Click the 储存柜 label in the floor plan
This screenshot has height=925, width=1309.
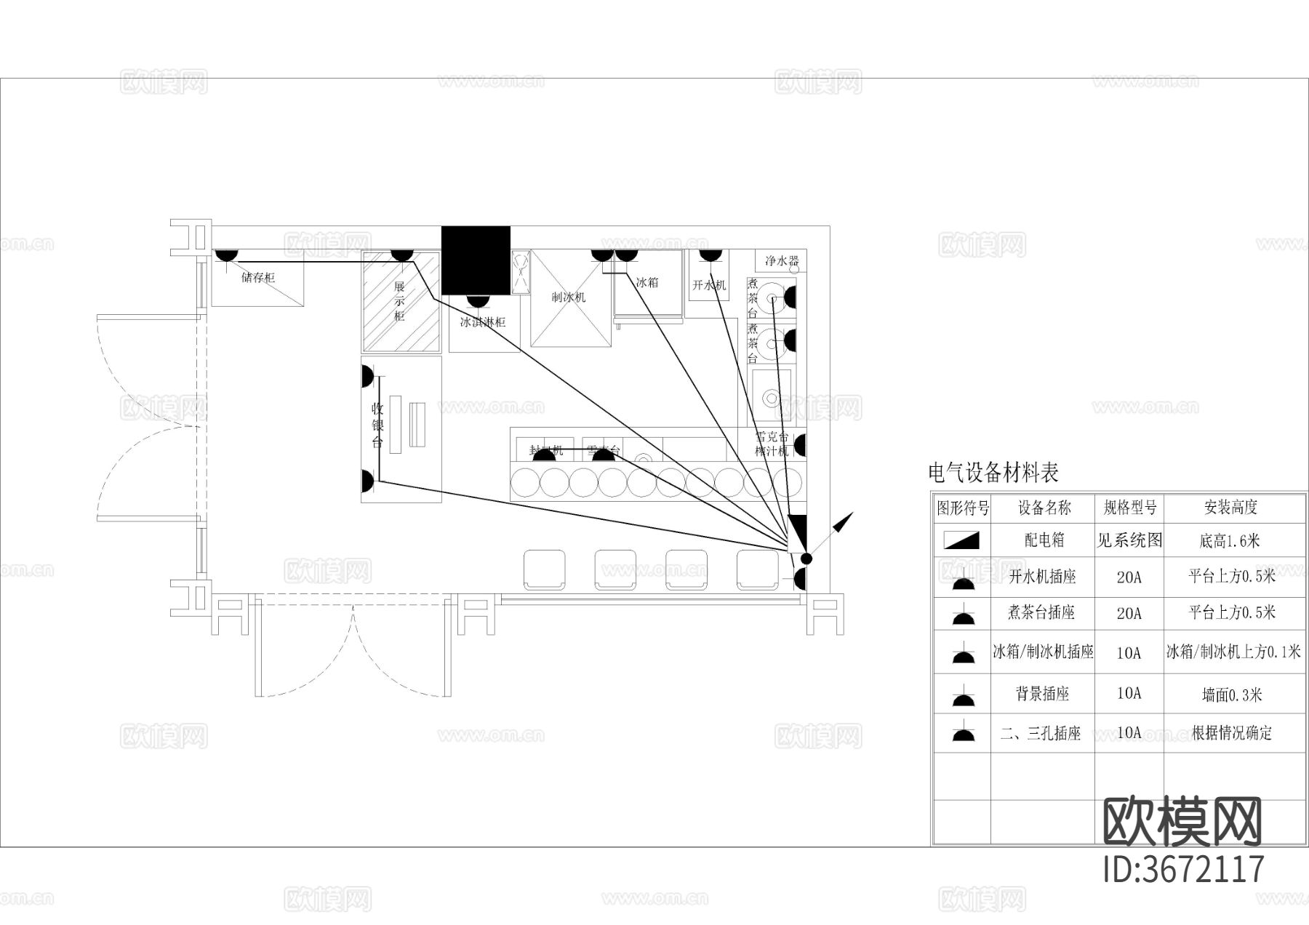[258, 277]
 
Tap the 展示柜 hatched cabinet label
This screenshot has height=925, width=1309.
[399, 301]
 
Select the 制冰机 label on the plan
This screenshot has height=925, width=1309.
[568, 297]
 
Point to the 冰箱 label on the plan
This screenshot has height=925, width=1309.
[647, 282]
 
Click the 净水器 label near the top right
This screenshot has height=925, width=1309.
[782, 260]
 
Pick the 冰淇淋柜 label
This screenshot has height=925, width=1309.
[483, 321]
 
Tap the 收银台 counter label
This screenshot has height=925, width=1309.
[377, 425]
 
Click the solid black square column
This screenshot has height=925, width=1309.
[476, 260]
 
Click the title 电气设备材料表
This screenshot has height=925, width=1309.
[993, 473]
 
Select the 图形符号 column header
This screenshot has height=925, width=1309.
[962, 508]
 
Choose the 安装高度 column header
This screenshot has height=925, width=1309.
[1230, 508]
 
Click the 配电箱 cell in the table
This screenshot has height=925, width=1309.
[1044, 540]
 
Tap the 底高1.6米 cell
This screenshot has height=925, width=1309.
[1230, 540]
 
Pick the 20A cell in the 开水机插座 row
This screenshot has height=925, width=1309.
[1129, 577]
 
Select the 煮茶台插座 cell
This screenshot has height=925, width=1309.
[1041, 612]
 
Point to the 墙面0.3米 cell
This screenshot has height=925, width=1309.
[1231, 694]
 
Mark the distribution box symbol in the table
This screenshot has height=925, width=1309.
[962, 540]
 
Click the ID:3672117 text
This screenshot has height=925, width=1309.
[1184, 869]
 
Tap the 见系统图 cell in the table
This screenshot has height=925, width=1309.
[1129, 540]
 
